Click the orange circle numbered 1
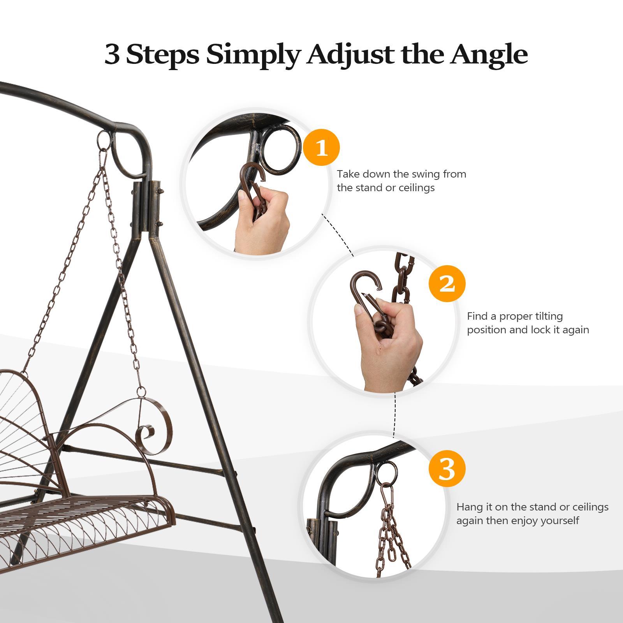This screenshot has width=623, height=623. pyautogui.click(x=321, y=148)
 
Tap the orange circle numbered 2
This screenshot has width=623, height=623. pyautogui.click(x=447, y=284)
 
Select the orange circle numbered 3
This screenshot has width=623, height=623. pyautogui.click(x=447, y=469)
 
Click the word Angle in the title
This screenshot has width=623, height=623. pyautogui.click(x=489, y=55)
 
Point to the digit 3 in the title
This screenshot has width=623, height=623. pyautogui.click(x=112, y=55)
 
